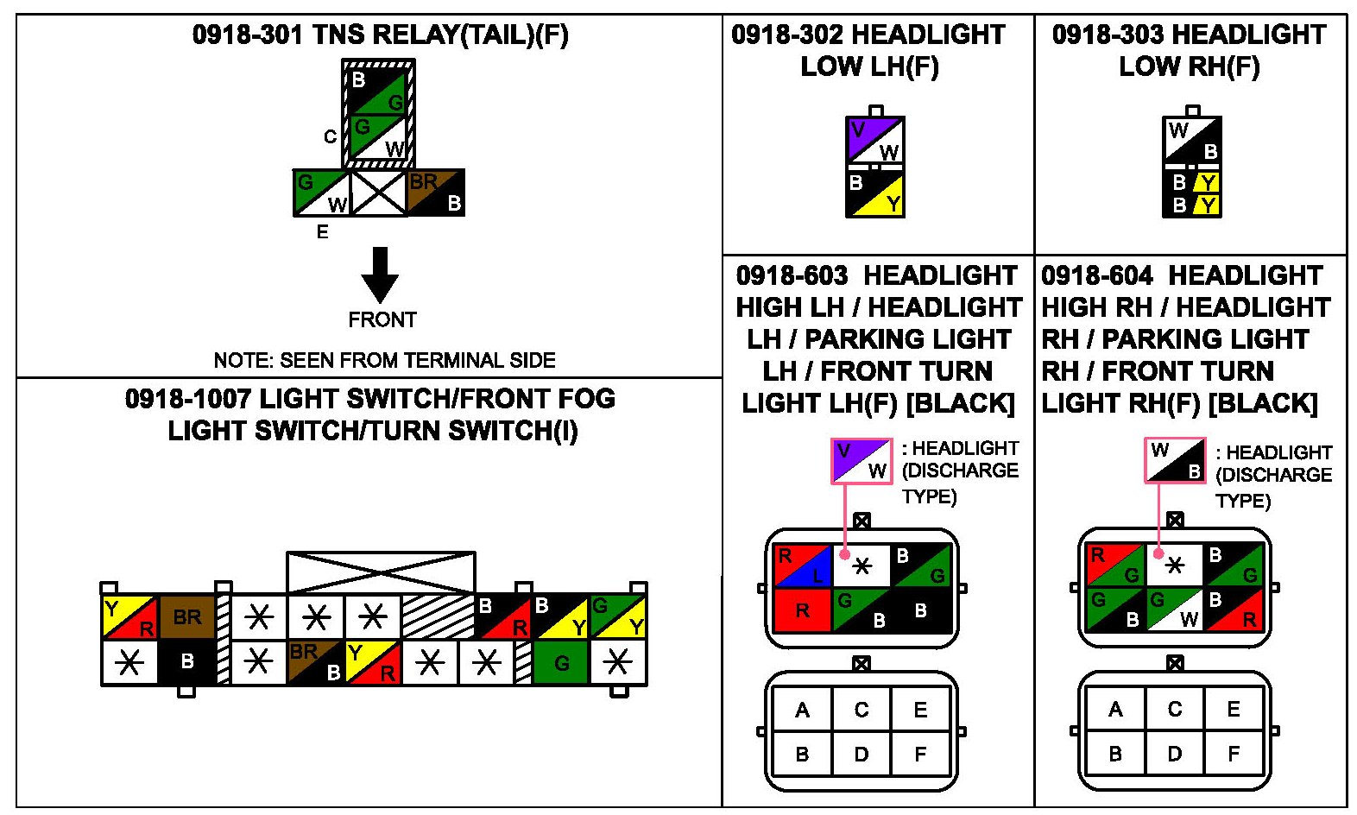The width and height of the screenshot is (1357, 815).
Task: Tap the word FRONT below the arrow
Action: (382, 320)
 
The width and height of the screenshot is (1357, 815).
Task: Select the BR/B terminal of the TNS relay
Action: (436, 193)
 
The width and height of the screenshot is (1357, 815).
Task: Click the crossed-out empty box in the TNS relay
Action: (379, 193)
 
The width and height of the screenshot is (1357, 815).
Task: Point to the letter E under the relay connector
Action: (322, 231)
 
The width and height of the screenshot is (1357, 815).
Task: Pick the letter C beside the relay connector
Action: (330, 136)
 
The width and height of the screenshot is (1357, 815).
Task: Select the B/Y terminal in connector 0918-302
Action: (874, 194)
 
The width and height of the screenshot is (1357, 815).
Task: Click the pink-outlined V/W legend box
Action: (862, 460)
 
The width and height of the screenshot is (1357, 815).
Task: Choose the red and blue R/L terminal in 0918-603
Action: (802, 565)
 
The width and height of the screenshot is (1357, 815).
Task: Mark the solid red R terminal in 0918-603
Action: (802, 610)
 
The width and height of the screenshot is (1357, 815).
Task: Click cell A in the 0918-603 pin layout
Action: (802, 710)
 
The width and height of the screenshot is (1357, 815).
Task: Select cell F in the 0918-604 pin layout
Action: (1234, 754)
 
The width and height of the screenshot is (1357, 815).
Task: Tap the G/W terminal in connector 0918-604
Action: (1174, 609)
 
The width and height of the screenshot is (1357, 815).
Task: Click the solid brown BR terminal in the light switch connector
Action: (187, 616)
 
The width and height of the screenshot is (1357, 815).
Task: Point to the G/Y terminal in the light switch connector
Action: (618, 616)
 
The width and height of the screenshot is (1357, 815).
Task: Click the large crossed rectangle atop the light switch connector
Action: (381, 572)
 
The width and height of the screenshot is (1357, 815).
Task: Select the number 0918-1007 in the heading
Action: (187, 399)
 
